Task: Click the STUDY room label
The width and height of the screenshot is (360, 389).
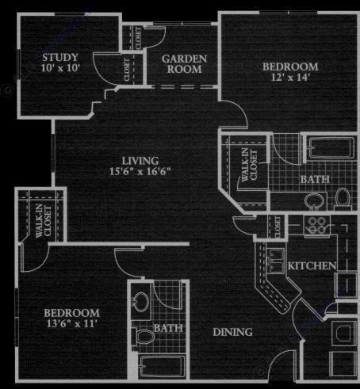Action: [60, 57]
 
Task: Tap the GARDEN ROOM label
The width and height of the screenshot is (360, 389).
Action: [184, 64]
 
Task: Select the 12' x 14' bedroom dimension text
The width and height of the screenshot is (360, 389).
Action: [290, 77]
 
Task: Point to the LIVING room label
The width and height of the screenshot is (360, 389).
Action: [140, 161]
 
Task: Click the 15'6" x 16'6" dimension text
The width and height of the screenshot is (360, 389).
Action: [140, 171]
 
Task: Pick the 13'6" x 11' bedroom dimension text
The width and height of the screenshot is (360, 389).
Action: [71, 323]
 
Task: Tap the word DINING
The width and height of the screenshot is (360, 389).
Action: [232, 332]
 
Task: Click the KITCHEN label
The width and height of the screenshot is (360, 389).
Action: [312, 265]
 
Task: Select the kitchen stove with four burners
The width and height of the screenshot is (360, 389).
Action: [317, 225]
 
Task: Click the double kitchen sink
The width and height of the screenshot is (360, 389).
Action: [275, 261]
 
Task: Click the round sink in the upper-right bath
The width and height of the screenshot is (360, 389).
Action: [314, 201]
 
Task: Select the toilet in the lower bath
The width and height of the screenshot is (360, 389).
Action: [144, 337]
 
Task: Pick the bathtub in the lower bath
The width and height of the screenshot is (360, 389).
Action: [163, 366]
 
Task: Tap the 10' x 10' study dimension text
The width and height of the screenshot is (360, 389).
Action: [60, 68]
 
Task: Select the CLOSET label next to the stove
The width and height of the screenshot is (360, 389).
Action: [278, 227]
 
